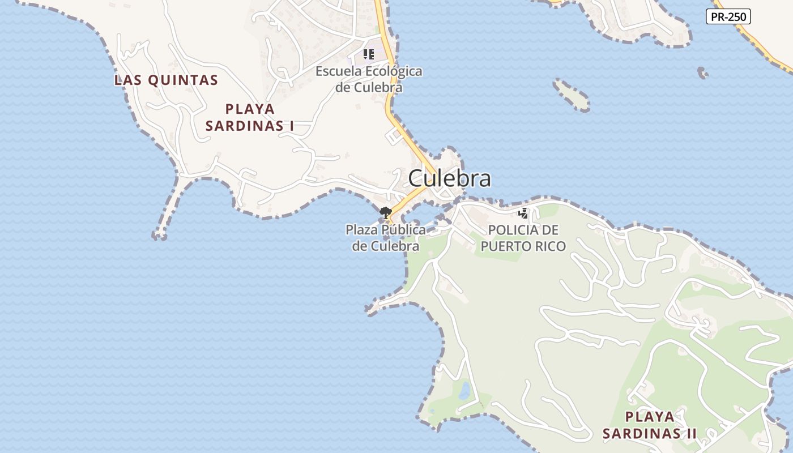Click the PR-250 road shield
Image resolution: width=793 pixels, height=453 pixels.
coord(728,17)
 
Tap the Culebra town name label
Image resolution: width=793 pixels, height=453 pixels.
coord(449,178)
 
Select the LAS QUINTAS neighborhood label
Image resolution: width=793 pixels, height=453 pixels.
coord(166,80)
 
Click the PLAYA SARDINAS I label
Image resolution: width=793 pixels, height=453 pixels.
coord(249,117)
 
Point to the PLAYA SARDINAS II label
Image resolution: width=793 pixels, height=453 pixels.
coord(650,425)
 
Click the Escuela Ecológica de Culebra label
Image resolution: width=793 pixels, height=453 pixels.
coord(369,79)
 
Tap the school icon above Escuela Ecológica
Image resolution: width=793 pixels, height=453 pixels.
coord(369,54)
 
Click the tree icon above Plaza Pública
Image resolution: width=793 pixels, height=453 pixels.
coord(386,213)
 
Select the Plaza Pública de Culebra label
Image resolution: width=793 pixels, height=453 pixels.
coord(386,238)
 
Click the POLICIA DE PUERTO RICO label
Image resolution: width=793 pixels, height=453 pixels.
coord(523,238)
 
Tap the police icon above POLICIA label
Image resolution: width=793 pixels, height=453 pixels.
coord(523,213)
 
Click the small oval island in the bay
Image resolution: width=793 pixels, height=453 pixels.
coord(572,95)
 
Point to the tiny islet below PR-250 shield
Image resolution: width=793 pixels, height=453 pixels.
coord(702,72)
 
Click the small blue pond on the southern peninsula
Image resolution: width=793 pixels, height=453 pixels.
coord(464,390)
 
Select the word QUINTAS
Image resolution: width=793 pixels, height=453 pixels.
coord(183,80)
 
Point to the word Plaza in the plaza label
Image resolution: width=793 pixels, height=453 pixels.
coord(361,230)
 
